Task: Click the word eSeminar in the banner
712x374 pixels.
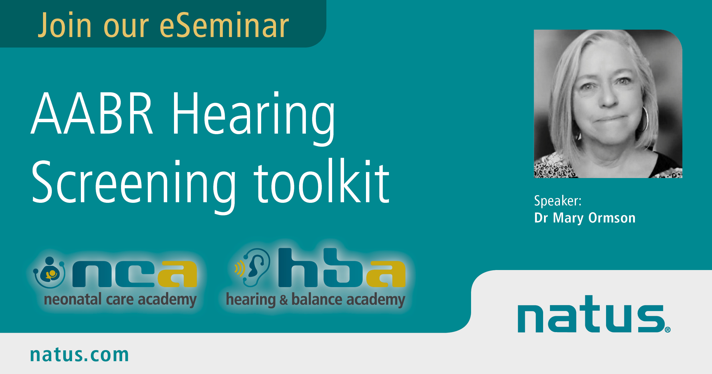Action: [224, 25]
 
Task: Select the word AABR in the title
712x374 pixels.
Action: [92, 113]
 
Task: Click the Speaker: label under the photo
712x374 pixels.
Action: [558, 201]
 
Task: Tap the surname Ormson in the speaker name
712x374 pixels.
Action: [612, 218]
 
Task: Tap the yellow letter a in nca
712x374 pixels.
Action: [177, 274]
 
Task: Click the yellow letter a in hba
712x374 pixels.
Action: [386, 274]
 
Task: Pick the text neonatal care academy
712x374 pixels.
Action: [120, 300]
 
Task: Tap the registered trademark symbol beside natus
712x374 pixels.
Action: [668, 330]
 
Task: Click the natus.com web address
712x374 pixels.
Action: [79, 355]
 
